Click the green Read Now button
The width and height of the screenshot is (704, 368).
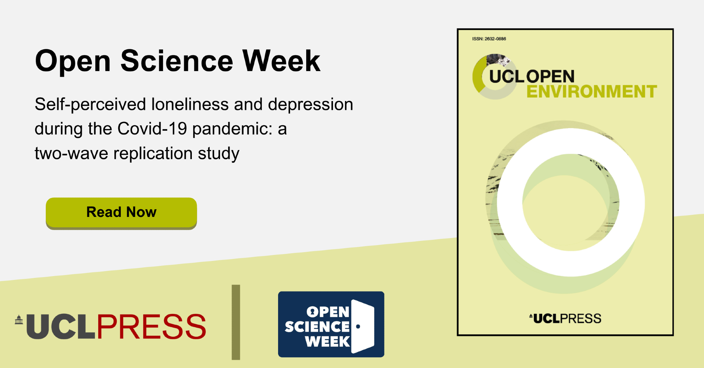(121, 213)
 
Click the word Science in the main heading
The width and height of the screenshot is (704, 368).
(177, 61)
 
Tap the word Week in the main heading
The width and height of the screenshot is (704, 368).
(282, 61)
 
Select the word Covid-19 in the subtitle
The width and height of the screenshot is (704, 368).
(152, 129)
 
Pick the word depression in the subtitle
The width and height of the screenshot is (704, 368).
(310, 105)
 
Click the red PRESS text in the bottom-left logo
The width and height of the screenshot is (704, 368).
(151, 326)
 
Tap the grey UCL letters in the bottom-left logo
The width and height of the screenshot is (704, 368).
(61, 326)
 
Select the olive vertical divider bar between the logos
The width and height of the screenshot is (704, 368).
(236, 322)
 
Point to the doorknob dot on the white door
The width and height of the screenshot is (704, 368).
(358, 326)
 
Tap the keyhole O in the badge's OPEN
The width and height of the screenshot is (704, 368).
(312, 312)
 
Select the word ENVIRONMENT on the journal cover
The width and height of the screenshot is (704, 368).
(592, 92)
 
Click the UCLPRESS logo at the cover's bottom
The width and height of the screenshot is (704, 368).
(565, 318)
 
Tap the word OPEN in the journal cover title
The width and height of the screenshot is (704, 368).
(550, 77)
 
